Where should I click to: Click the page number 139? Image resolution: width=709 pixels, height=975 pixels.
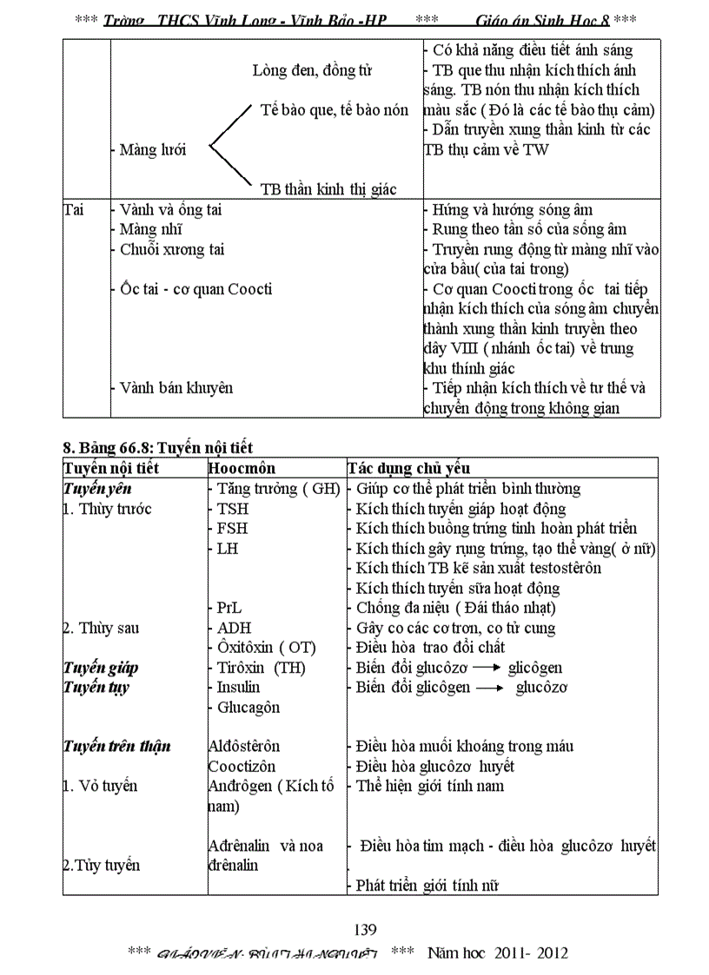[x=365, y=930]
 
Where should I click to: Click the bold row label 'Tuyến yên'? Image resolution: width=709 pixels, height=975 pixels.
[x=96, y=488]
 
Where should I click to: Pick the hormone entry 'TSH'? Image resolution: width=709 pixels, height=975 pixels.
[x=232, y=509]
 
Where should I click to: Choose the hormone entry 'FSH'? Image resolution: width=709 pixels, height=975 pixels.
[x=232, y=529]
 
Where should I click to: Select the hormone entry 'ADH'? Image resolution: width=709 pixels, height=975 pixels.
[x=234, y=628]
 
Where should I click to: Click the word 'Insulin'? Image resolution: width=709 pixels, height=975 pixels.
[x=238, y=687]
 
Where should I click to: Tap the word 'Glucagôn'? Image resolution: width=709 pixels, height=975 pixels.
[x=248, y=707]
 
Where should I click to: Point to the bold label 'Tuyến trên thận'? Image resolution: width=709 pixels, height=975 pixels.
[x=116, y=746]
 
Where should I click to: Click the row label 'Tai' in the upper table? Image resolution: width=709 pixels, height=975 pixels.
[x=74, y=210]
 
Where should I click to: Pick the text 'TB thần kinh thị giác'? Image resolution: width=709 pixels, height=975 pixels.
[x=328, y=189]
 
